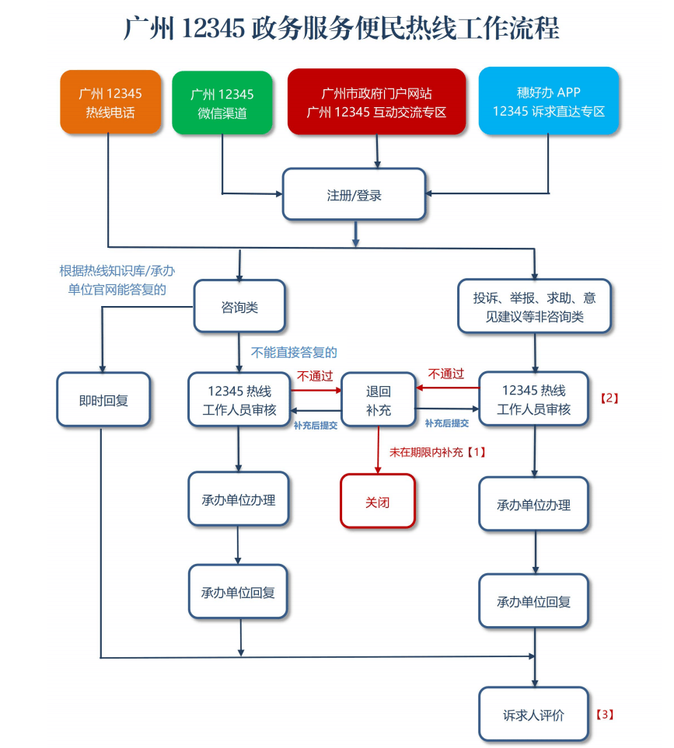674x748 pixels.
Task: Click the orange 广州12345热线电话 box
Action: point(110,102)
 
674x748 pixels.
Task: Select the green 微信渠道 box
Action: point(222,103)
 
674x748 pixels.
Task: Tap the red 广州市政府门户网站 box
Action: point(376,102)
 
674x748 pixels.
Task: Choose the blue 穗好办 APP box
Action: point(549,101)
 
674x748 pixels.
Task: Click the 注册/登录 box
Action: point(354,194)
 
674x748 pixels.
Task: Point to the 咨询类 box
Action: point(239,306)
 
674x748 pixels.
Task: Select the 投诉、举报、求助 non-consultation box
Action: point(534,306)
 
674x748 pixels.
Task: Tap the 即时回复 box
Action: point(103,400)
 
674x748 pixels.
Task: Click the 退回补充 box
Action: point(378,400)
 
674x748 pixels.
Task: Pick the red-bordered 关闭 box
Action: point(378,501)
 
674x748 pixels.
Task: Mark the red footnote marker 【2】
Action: point(609,398)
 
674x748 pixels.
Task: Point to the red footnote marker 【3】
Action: point(605,714)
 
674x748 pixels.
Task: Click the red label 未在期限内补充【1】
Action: point(438,452)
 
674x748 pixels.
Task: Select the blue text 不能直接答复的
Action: point(294,353)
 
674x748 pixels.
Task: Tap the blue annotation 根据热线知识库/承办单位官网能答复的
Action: point(117,280)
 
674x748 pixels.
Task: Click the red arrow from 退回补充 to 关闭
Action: point(378,450)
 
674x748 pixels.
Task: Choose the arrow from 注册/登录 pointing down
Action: point(355,234)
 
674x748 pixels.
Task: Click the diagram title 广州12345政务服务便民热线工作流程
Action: point(341,28)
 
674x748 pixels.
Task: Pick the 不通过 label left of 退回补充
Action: point(315,377)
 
